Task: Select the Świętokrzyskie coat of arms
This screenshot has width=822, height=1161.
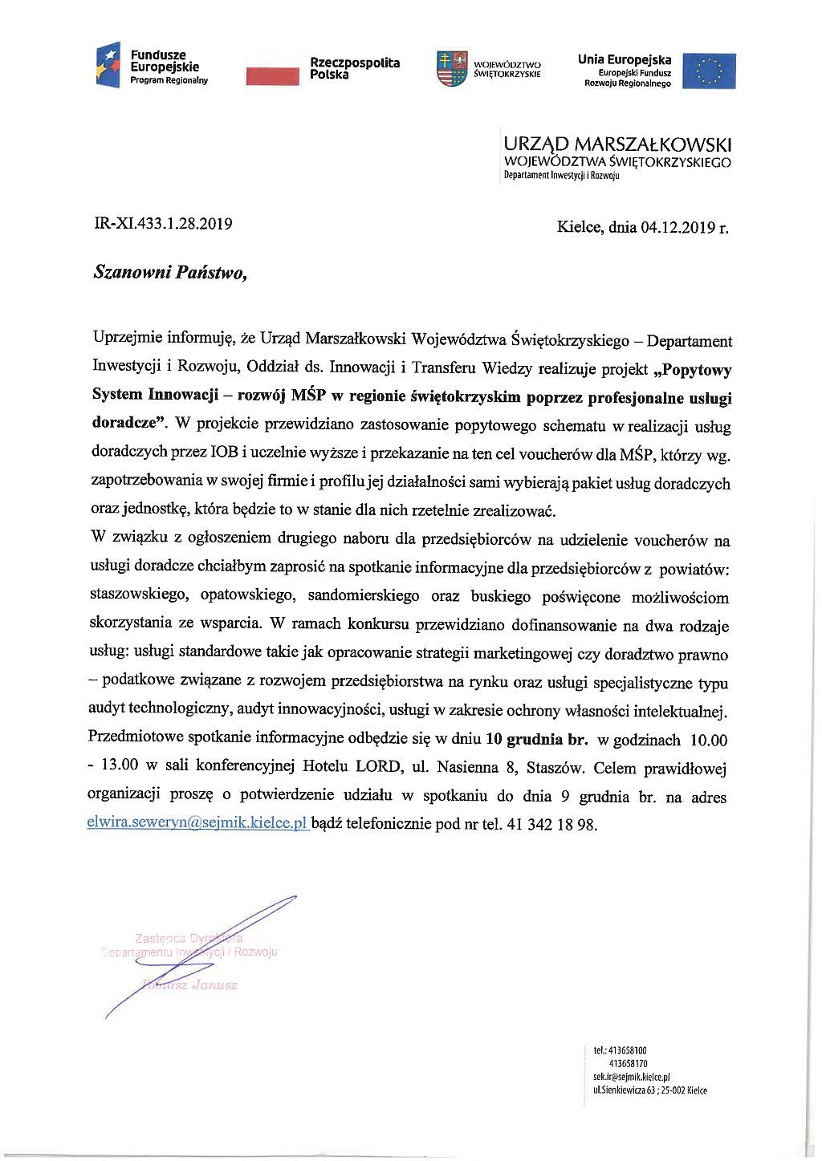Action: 452,68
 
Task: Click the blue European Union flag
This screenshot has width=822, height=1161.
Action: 709,71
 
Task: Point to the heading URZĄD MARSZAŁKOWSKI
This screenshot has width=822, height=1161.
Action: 617,144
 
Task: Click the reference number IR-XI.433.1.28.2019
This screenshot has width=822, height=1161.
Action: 164,224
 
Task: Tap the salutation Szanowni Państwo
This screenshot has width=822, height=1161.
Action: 170,272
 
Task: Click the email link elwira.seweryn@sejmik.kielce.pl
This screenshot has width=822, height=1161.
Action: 197,823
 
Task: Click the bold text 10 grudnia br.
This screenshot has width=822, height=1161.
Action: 537,739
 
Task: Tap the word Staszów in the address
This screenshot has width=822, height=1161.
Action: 555,768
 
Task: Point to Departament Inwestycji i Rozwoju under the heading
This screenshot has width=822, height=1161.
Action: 561,176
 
